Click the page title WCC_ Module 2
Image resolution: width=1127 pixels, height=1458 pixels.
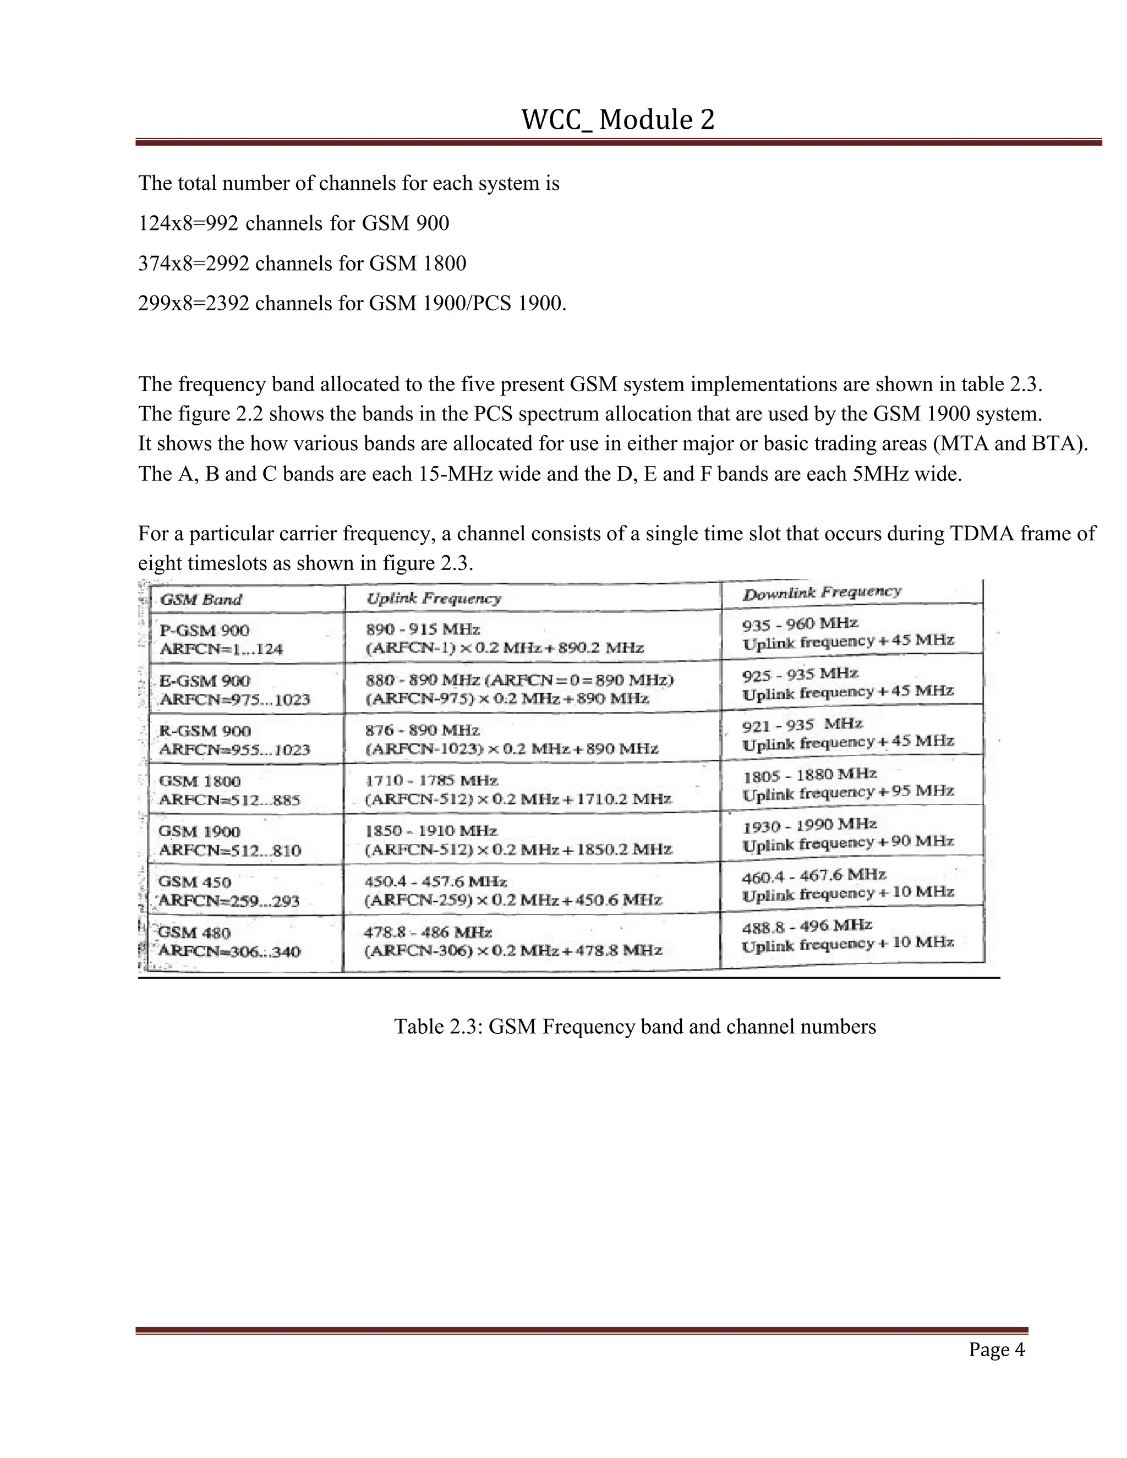pyautogui.click(x=617, y=120)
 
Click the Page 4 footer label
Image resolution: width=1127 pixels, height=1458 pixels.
pyautogui.click(x=996, y=1350)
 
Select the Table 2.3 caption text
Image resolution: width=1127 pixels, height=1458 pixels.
pyautogui.click(x=634, y=1026)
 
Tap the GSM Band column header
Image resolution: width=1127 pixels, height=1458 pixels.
pyautogui.click(x=201, y=600)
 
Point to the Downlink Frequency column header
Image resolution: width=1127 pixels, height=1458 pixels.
pyautogui.click(x=822, y=593)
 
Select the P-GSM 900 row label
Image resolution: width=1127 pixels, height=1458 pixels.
pyautogui.click(x=204, y=630)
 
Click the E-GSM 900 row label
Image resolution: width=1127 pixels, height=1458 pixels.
pyautogui.click(x=204, y=681)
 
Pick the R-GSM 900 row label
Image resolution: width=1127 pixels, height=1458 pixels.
pyautogui.click(x=204, y=731)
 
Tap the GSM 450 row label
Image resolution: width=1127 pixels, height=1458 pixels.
pyautogui.click(x=194, y=882)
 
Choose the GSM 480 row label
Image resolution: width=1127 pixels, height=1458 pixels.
pyautogui.click(x=194, y=933)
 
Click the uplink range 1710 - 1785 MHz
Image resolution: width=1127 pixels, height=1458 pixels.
pyautogui.click(x=431, y=780)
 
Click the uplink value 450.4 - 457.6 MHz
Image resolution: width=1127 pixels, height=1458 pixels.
pyautogui.click(x=435, y=882)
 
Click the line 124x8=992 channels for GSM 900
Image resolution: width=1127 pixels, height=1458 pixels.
pyautogui.click(x=294, y=223)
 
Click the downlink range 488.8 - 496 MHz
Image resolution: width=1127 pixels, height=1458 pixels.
pyautogui.click(x=807, y=927)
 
